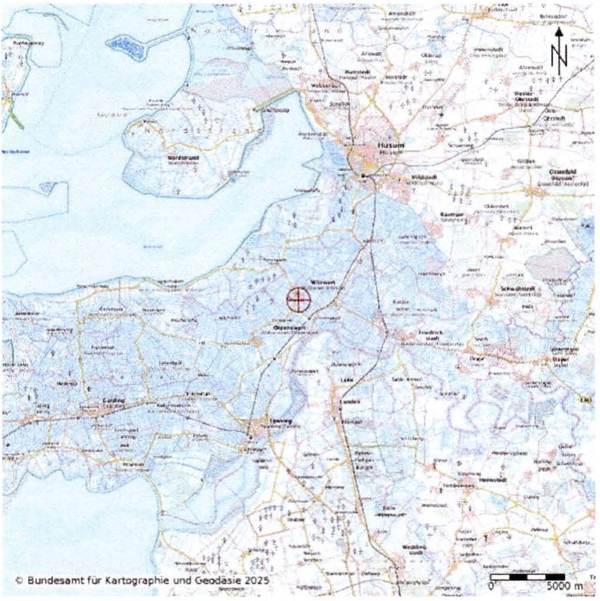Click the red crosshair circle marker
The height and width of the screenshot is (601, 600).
click(299, 300)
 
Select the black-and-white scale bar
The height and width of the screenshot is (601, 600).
click(528, 577)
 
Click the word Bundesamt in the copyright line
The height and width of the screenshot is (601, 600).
click(48, 581)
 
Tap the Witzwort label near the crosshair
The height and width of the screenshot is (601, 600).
click(321, 282)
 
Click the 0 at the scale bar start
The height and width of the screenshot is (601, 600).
click(492, 587)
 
